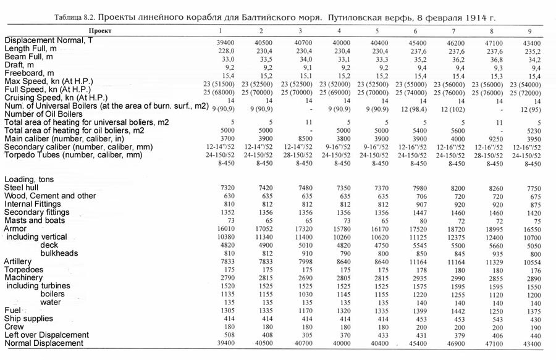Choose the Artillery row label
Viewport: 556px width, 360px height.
pos(18,261)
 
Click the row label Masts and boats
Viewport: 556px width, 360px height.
pos(35,220)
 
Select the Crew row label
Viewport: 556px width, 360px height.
pos(15,326)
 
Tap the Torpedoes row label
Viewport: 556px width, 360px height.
pos(23,269)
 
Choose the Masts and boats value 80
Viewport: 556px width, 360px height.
pos(415,220)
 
